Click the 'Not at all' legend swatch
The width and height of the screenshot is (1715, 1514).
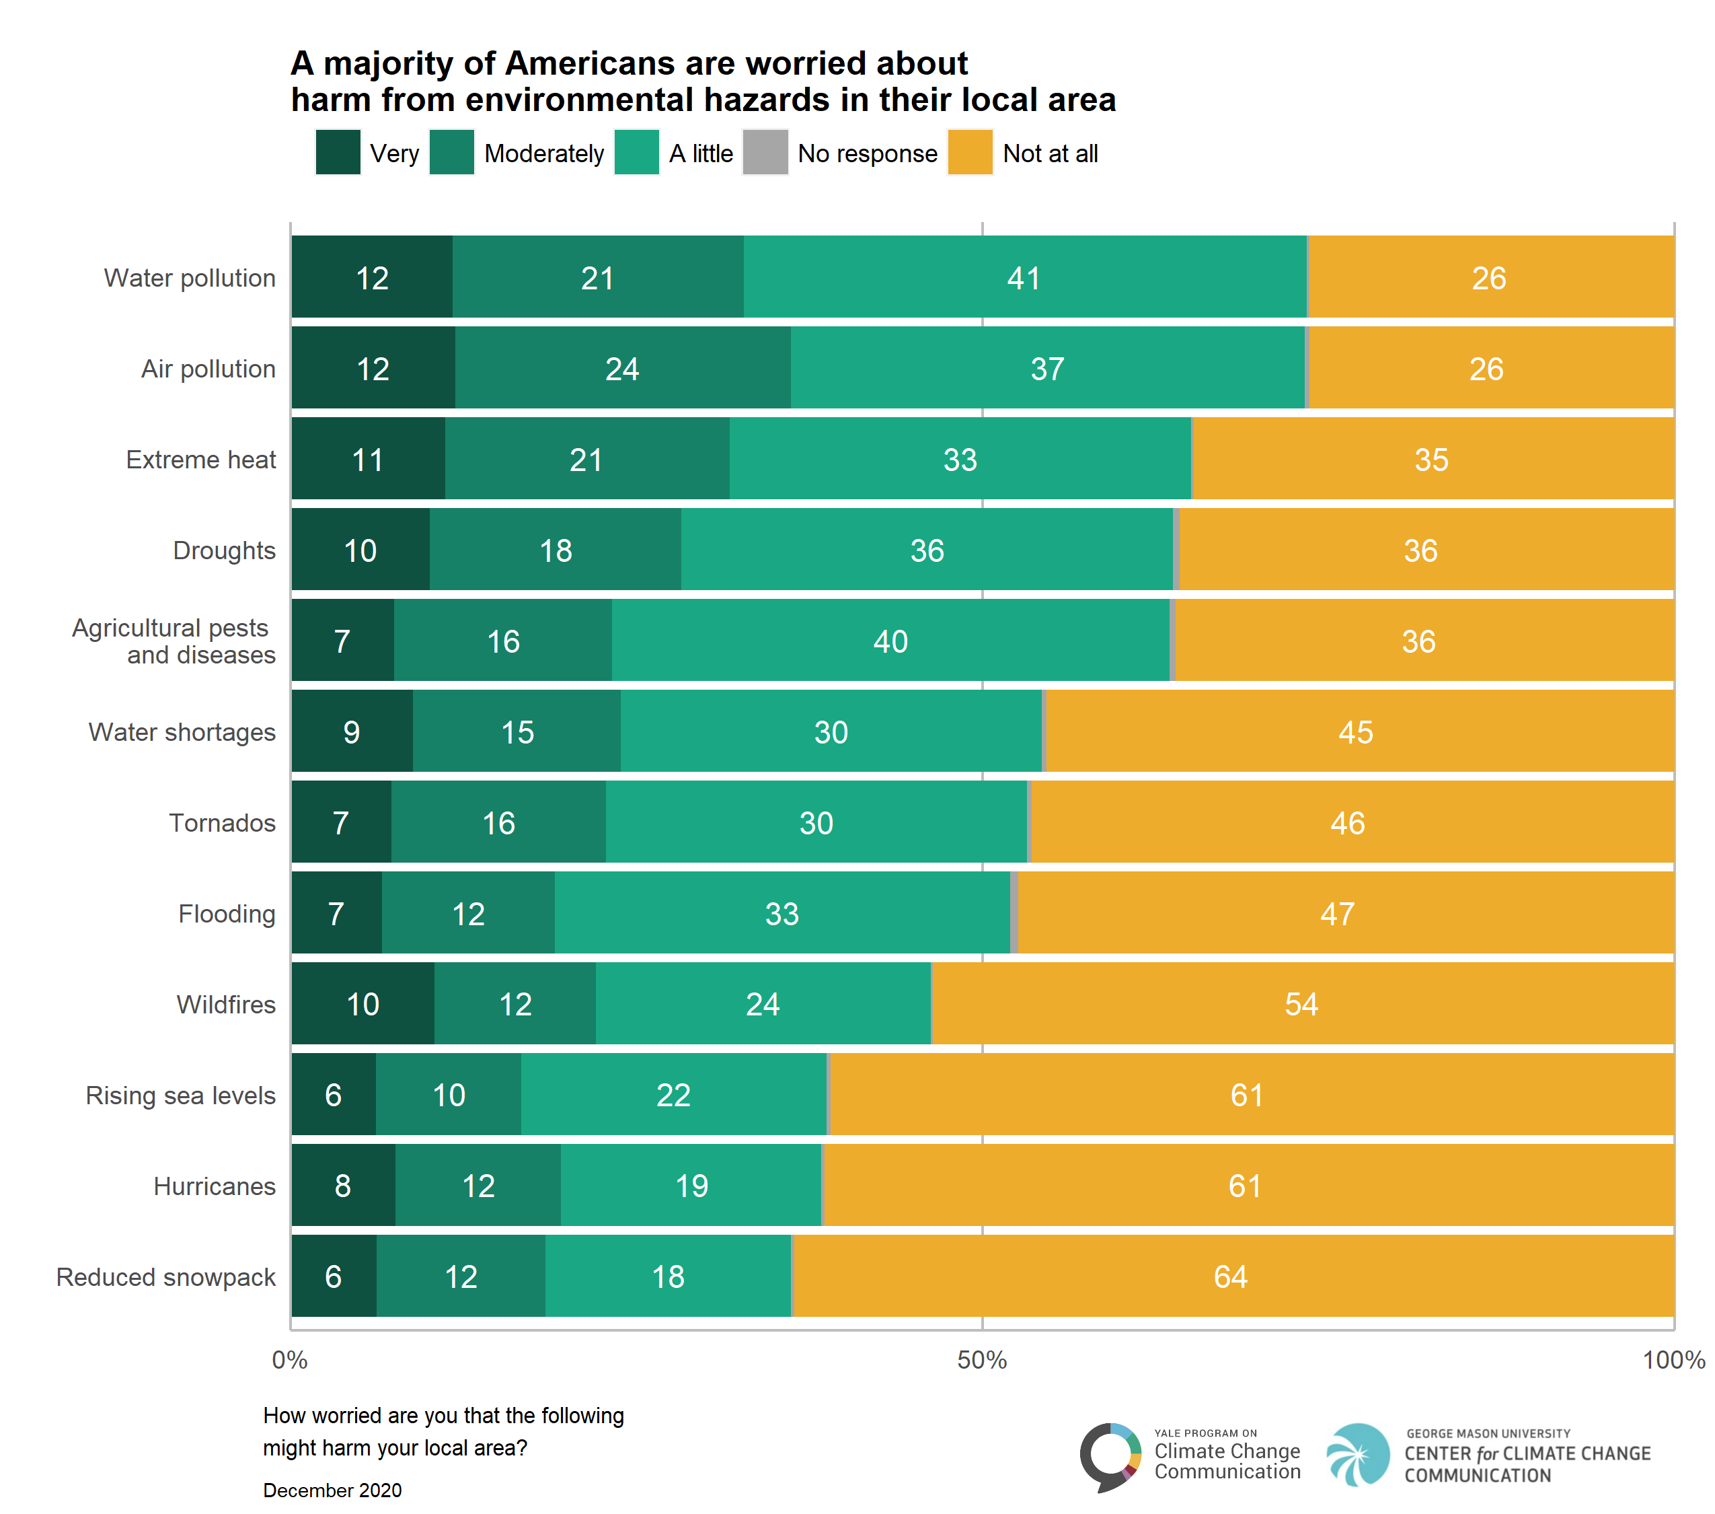pyautogui.click(x=970, y=152)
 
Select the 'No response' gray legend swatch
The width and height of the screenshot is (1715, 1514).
pyautogui.click(x=765, y=152)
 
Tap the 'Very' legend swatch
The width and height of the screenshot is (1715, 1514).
pyautogui.click(x=338, y=152)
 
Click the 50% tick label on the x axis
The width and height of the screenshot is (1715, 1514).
pyautogui.click(x=982, y=1361)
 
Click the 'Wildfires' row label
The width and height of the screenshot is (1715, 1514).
pyautogui.click(x=226, y=1004)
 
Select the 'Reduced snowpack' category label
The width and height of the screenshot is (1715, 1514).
pyautogui.click(x=166, y=1276)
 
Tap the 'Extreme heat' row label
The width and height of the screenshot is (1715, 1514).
pyautogui.click(x=200, y=460)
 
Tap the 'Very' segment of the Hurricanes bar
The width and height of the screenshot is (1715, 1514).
pyautogui.click(x=343, y=1185)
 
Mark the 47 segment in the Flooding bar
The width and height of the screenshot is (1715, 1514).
pyautogui.click(x=1346, y=912)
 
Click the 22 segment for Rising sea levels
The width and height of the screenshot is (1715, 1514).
pyautogui.click(x=674, y=1094)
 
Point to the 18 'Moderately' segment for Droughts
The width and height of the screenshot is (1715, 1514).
pyautogui.click(x=556, y=550)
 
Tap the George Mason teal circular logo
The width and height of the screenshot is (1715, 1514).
pyautogui.click(x=1359, y=1454)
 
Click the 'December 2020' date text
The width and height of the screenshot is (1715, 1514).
pyautogui.click(x=332, y=1490)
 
